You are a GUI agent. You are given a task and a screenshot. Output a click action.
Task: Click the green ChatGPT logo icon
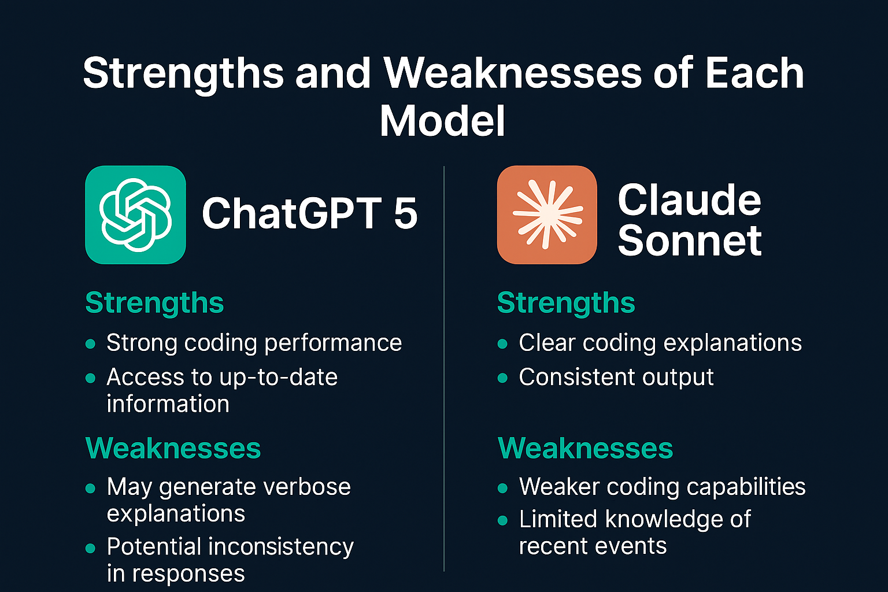pos(136,214)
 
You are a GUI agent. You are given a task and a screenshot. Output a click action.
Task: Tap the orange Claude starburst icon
pos(547,214)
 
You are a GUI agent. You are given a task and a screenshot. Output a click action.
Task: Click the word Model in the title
pos(442,121)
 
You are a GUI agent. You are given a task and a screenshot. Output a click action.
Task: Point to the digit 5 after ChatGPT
pos(406,213)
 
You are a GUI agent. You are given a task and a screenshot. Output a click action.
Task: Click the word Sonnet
pos(690,240)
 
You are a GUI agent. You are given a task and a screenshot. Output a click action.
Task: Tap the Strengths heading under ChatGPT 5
pos(154,304)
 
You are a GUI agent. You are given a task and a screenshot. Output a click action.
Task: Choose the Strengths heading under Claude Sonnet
pos(566,304)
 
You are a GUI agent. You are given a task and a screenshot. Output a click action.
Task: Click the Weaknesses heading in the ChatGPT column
pos(173,448)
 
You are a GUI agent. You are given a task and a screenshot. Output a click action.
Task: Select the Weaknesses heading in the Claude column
pos(586,448)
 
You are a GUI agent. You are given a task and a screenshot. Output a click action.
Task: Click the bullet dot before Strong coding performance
pos(90,344)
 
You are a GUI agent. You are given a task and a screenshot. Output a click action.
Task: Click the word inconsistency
pos(280,547)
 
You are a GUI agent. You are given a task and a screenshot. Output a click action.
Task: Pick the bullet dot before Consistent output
pos(502,378)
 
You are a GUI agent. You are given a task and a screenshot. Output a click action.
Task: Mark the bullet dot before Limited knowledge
pos(502,520)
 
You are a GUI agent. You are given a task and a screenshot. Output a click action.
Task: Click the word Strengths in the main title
pos(183,75)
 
